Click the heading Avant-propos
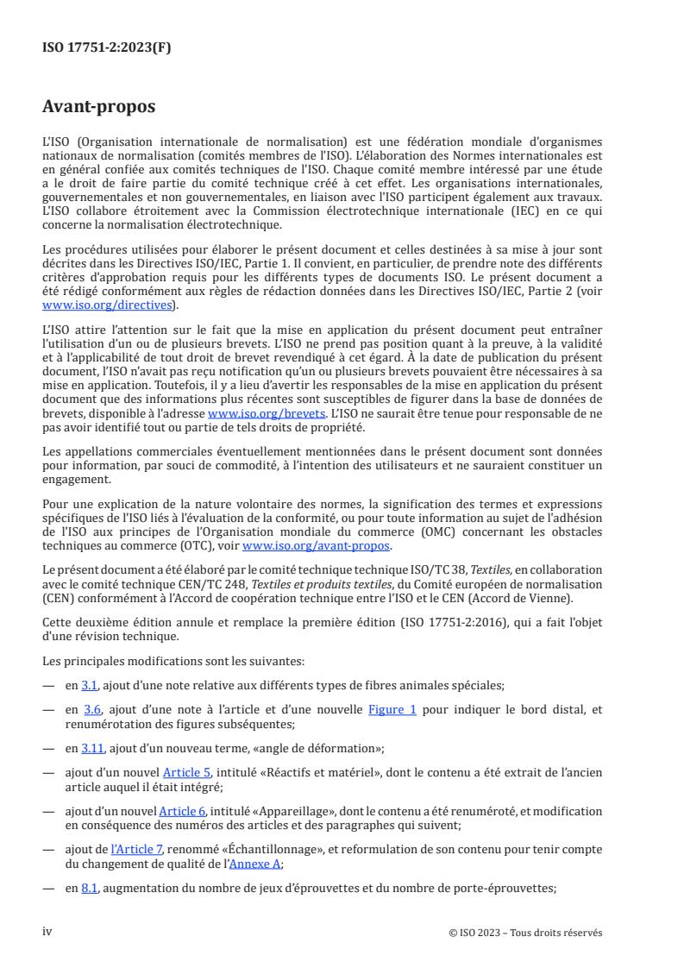click(99, 108)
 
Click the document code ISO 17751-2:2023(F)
click(107, 48)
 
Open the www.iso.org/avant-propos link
click(317, 546)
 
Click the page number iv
click(48, 932)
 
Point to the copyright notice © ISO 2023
click(526, 933)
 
